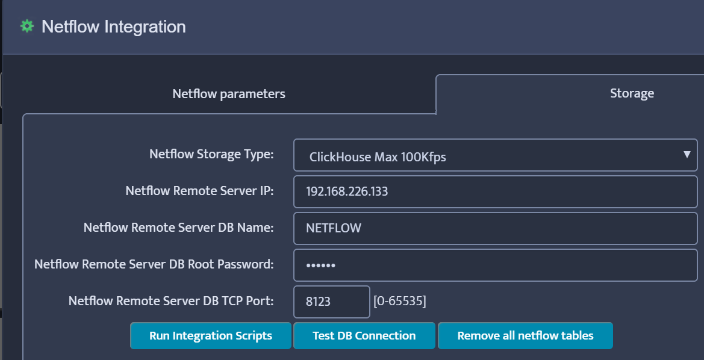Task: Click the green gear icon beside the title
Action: coord(27,26)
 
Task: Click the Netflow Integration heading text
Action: coord(114,26)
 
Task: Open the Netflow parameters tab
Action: coord(228,94)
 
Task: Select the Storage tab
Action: coord(632,93)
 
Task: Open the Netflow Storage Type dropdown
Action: coord(495,155)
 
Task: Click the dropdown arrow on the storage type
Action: coord(687,154)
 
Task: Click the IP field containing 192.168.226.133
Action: coord(495,191)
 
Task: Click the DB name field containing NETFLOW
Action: coord(495,228)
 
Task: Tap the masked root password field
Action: coord(495,265)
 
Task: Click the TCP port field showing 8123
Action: coord(331,301)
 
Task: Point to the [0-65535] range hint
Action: coord(400,301)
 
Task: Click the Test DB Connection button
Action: coord(364,335)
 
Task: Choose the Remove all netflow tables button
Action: coord(525,335)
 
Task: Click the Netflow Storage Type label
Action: coord(211,154)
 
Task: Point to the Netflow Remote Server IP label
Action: coord(200,191)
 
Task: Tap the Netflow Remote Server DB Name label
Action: coord(179,228)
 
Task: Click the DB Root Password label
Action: coord(154,264)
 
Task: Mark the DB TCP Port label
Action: coord(171,301)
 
